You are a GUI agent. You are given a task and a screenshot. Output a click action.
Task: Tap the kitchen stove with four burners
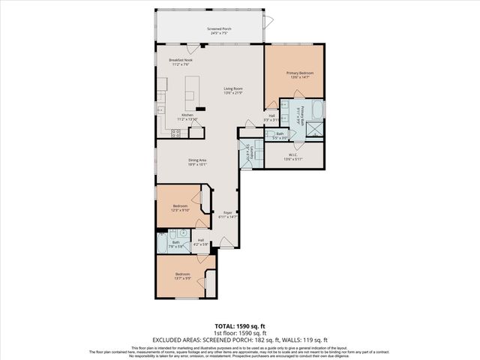[x=176, y=133]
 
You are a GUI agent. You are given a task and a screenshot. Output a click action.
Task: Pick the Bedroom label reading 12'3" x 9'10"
[x=179, y=207]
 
